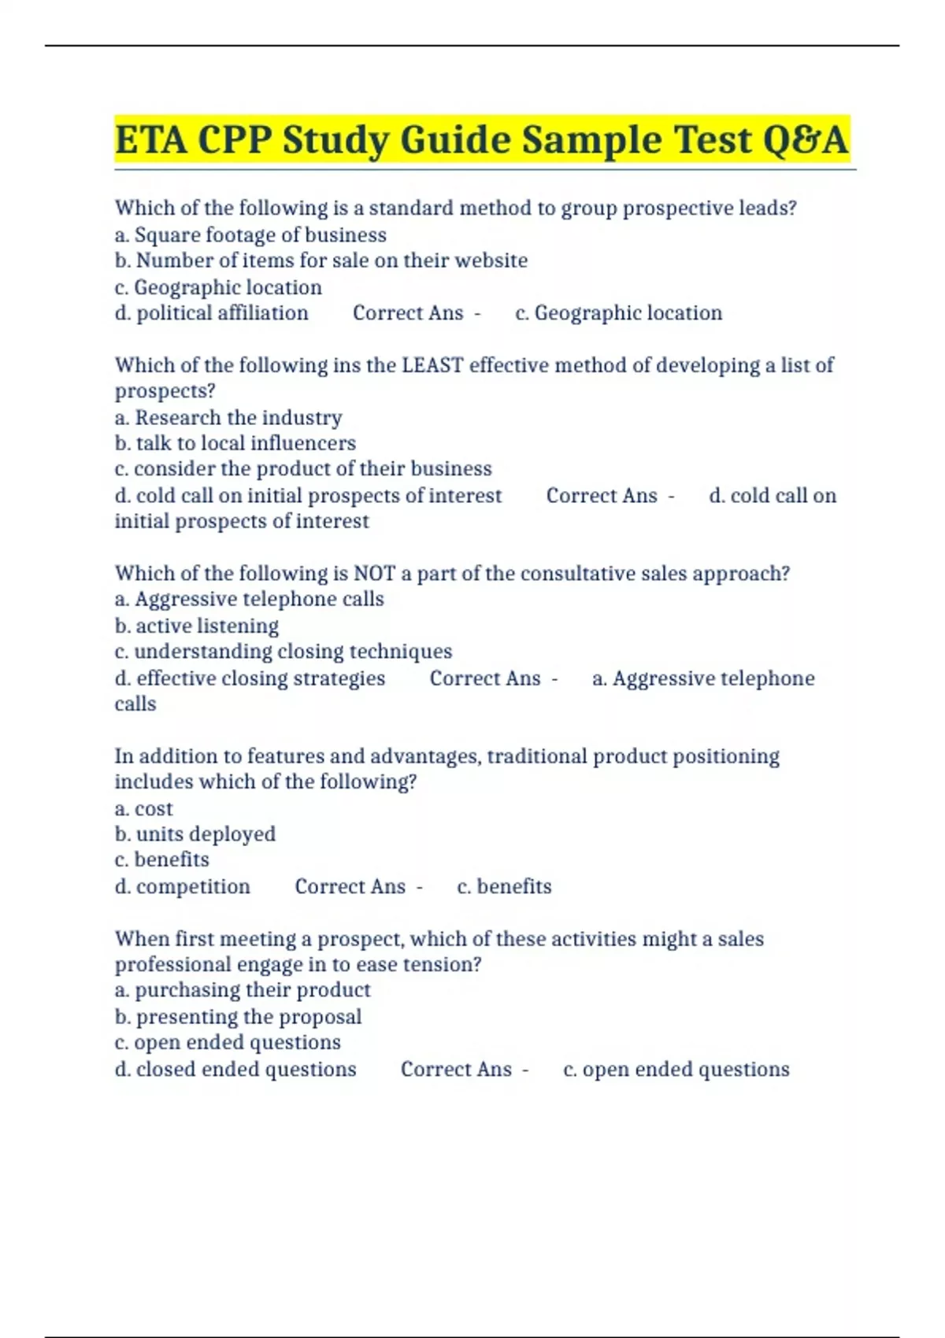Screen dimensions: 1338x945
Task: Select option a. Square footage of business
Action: (250, 235)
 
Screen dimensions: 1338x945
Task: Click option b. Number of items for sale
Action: (321, 261)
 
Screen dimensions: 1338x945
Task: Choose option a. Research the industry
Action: (228, 417)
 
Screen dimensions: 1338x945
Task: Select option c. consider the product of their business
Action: (303, 469)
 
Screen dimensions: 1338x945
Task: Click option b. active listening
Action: (197, 626)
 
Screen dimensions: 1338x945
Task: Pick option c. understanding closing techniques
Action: (283, 652)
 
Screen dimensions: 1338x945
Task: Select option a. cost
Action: (143, 808)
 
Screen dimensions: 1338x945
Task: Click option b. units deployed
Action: (195, 834)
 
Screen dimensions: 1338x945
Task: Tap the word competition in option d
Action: (193, 886)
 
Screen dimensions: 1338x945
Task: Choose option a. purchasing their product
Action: (243, 990)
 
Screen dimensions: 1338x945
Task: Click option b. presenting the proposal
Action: (238, 1017)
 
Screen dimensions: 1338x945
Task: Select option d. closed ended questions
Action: (235, 1069)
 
